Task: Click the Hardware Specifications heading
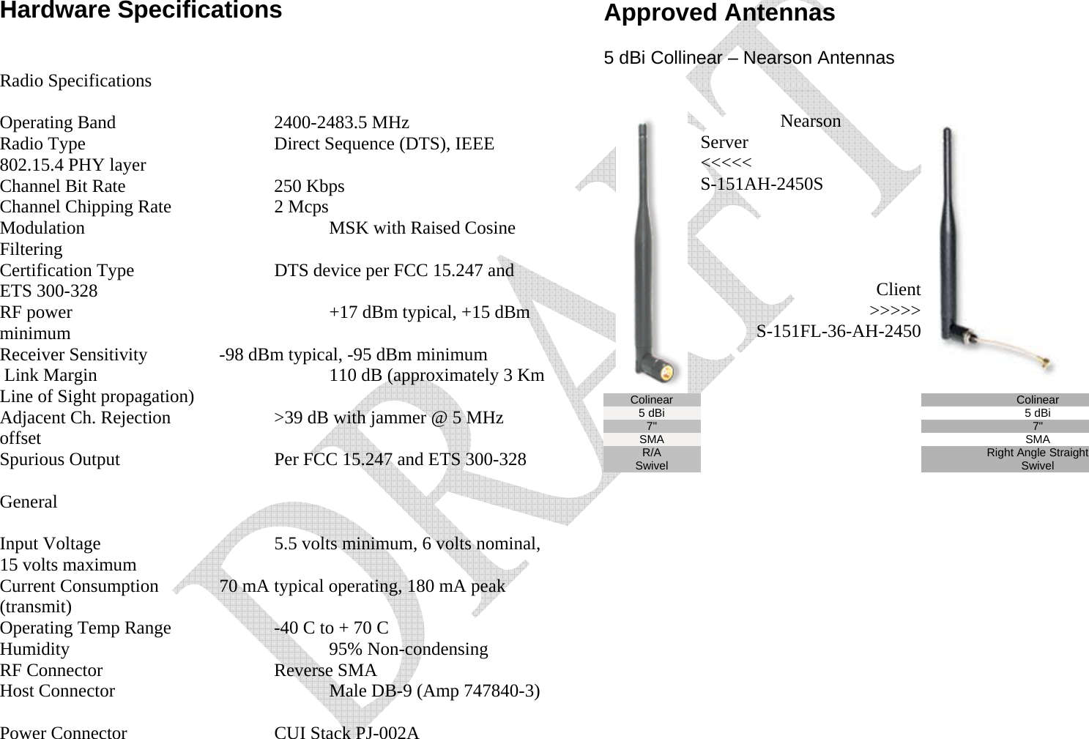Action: (x=141, y=10)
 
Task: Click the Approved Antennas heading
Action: (x=718, y=13)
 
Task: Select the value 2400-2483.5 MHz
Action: (x=341, y=122)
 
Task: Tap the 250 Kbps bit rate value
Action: (x=309, y=186)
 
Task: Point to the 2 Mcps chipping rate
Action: (x=301, y=207)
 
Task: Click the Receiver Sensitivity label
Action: (x=73, y=355)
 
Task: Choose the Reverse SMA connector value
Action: (x=325, y=670)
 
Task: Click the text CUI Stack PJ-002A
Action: (x=346, y=732)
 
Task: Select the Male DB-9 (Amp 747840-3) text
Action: (x=434, y=691)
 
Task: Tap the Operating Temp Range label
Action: (x=85, y=628)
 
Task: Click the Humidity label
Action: (x=34, y=649)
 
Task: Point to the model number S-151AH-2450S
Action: (x=761, y=184)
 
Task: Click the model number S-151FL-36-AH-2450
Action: (x=838, y=332)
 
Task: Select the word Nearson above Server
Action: (x=810, y=121)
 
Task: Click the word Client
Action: (x=898, y=289)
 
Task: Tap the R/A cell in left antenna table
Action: (x=651, y=453)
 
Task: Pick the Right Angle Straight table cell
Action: (x=1036, y=453)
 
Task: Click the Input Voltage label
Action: (x=50, y=543)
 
